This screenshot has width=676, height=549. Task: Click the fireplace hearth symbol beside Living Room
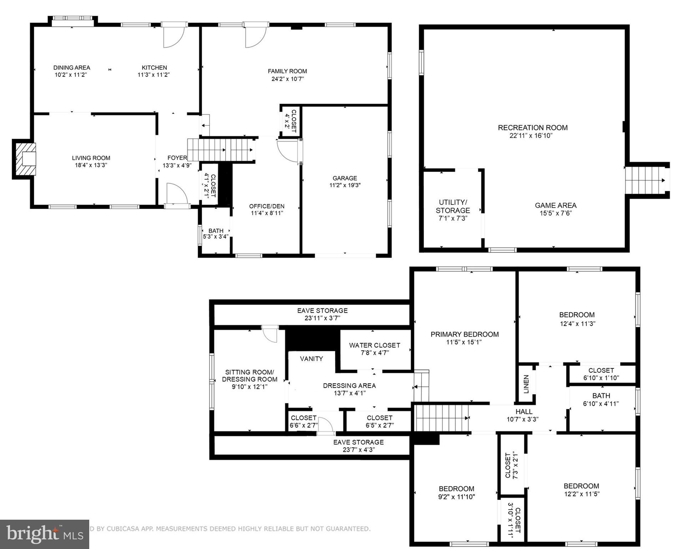25,159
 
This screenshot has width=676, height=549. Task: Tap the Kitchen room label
154,68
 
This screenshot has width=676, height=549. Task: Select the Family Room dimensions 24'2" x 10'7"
287,79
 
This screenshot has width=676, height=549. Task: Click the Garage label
344,178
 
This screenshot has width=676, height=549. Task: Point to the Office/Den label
267,206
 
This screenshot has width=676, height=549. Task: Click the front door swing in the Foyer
177,193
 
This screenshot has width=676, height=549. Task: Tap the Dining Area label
72,68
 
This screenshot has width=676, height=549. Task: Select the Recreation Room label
533,128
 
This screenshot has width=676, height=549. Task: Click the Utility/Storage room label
453,206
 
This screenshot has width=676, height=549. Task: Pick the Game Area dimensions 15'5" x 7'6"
556,213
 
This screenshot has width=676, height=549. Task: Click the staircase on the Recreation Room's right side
644,180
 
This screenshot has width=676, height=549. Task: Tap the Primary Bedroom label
464,334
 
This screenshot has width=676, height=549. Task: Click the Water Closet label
374,345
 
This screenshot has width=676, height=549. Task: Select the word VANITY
311,358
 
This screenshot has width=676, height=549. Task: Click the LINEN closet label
526,384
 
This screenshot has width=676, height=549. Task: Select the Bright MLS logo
44,534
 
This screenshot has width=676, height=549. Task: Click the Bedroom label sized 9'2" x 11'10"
456,489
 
